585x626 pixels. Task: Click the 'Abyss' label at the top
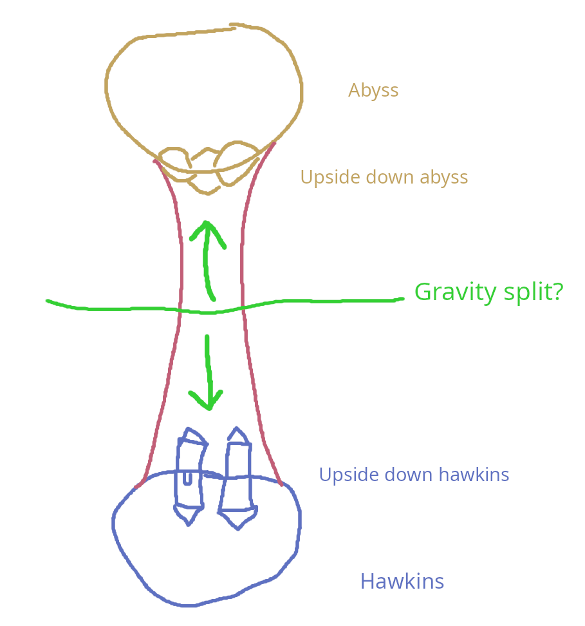click(x=373, y=90)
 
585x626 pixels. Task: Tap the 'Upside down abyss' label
click(x=384, y=177)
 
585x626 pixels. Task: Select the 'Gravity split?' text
click(x=488, y=292)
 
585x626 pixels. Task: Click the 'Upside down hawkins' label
click(x=414, y=475)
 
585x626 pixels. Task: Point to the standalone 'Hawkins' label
click(x=402, y=582)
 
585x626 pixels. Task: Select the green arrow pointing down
click(x=208, y=374)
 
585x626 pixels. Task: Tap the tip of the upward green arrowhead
click(x=206, y=223)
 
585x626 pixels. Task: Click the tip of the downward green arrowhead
click(x=209, y=408)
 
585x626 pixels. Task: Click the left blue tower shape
click(x=189, y=477)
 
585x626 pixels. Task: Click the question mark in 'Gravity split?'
click(x=557, y=292)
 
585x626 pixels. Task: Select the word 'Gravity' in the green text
click(x=455, y=292)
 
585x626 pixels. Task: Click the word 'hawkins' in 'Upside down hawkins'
click(x=474, y=475)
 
